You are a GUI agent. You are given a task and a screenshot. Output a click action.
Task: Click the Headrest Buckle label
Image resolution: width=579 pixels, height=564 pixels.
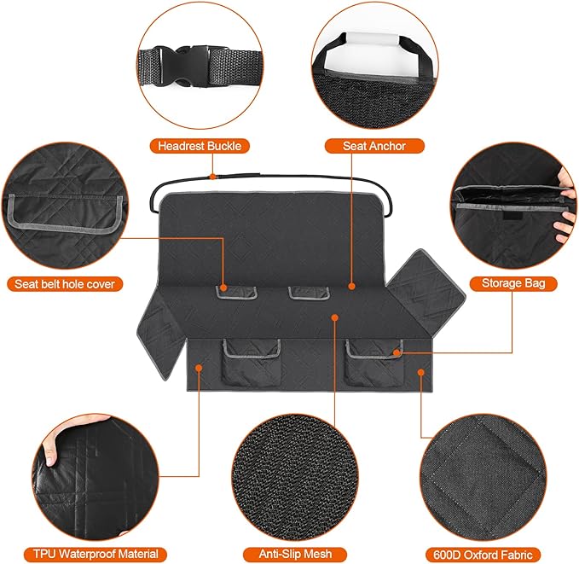(197, 146)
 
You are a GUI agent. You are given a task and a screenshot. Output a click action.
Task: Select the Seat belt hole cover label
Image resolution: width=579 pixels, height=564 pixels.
(65, 284)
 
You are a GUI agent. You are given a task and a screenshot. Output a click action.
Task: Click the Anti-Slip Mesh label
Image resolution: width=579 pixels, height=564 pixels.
(291, 529)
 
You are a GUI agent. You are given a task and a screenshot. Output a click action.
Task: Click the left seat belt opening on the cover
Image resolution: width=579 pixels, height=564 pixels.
(235, 293)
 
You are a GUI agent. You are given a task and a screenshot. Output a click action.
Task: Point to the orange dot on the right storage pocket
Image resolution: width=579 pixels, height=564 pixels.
(397, 350)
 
